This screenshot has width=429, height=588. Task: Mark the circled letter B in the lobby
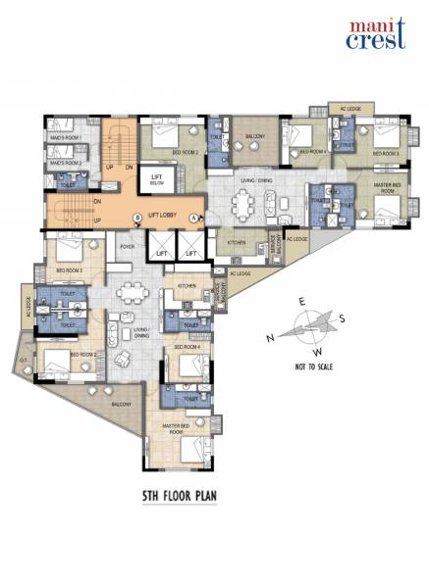coord(138,217)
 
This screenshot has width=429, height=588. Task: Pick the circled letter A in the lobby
coord(194,217)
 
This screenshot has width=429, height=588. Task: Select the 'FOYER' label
coord(127,247)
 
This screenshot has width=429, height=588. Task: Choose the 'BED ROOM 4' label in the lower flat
coord(187,347)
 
